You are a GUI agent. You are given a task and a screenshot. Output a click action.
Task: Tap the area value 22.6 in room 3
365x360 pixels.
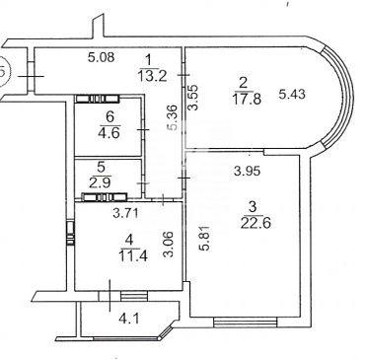coord(255,223)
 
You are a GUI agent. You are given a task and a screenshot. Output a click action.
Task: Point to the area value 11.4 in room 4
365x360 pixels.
coord(133,256)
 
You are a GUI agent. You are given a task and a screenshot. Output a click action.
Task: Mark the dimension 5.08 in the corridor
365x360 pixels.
coord(102,57)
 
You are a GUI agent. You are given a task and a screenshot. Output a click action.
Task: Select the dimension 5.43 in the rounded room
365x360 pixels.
coord(292,95)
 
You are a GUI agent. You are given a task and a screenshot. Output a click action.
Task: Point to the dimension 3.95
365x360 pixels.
coord(247,171)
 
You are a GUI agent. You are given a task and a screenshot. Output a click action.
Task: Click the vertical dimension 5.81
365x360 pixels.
coord(205,238)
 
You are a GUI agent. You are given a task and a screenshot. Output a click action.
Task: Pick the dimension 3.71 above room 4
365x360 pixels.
coord(126,214)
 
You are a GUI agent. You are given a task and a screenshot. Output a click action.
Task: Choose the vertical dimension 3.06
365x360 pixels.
coord(168,245)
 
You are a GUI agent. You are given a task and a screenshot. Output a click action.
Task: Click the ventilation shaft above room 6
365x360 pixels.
coord(98,99)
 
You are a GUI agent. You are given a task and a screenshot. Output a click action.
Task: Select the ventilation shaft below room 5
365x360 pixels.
coord(105,197)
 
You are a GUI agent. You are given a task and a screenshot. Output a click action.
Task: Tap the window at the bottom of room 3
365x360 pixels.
coord(246,322)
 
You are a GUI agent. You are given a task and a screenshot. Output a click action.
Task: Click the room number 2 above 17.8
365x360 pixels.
coord(243,83)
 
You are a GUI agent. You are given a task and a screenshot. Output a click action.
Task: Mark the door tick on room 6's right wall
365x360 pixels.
coord(143,130)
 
